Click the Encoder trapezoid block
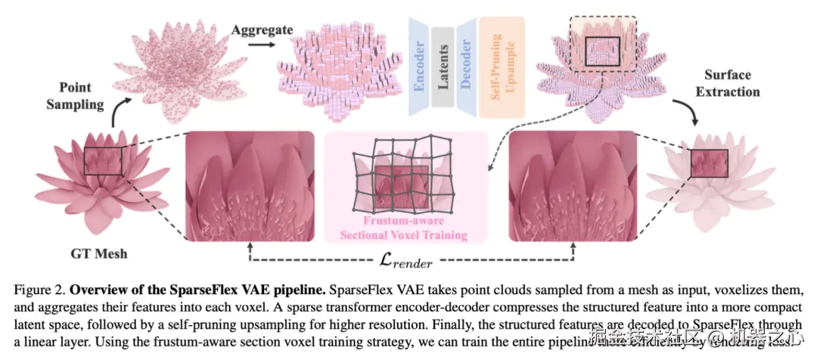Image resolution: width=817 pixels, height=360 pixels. click(x=418, y=67)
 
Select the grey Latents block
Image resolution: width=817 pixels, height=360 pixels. click(x=443, y=67)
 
